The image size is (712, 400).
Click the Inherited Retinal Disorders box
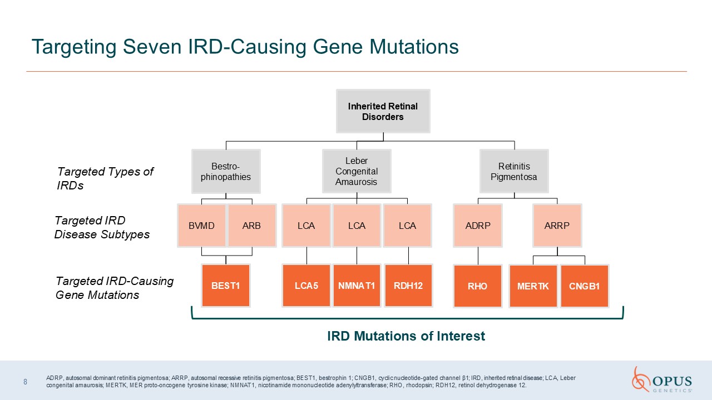[x=383, y=111]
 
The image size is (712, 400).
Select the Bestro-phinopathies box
[x=226, y=172]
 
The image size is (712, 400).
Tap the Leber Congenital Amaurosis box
[x=357, y=171]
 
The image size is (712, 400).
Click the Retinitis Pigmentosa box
[x=514, y=171]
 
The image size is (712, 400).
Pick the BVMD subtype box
[x=201, y=226]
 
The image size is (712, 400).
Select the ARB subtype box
[x=252, y=226]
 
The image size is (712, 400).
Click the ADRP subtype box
[x=478, y=226]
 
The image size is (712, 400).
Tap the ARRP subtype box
[x=557, y=226]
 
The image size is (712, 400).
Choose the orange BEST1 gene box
[x=226, y=286]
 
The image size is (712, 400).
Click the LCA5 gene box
[x=306, y=286]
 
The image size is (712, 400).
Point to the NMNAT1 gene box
[x=357, y=286]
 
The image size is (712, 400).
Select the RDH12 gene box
[x=408, y=286]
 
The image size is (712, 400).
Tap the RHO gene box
[x=478, y=286]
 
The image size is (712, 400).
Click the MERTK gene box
[x=533, y=286]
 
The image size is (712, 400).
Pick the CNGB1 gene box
[x=585, y=286]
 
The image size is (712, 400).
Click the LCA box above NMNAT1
[x=357, y=226]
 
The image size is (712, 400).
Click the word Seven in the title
[x=152, y=47]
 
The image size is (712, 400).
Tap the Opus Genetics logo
[x=662, y=379]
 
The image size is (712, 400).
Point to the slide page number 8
[x=26, y=382]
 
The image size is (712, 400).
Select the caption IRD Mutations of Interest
[x=406, y=336]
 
